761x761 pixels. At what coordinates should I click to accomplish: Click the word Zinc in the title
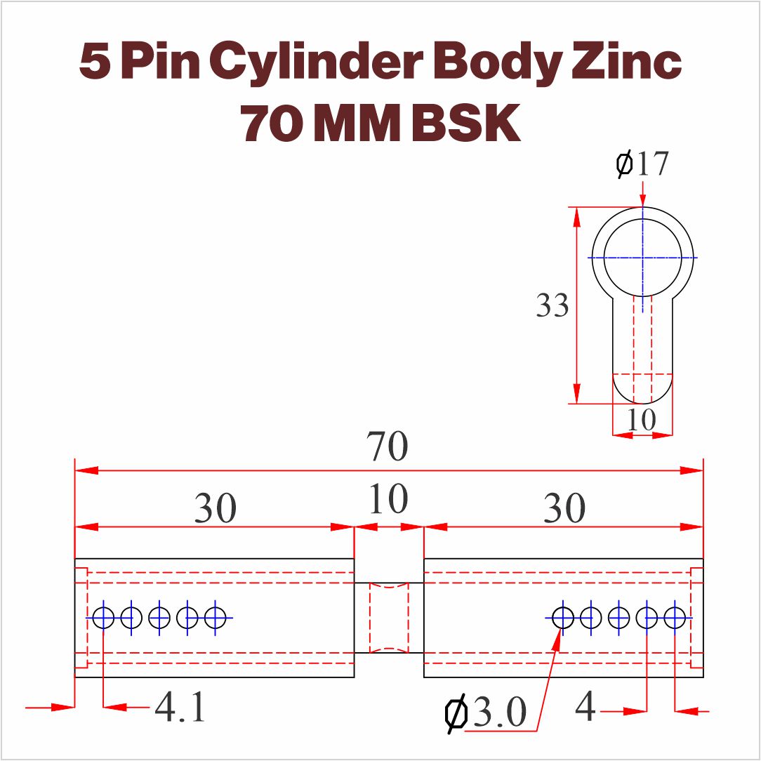tap(627, 62)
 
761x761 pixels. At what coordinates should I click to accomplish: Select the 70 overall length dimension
tap(387, 446)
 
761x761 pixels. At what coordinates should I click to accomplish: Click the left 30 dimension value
tap(215, 508)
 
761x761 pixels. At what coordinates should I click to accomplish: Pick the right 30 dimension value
tap(564, 508)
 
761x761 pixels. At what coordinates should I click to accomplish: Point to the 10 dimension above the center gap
tap(388, 498)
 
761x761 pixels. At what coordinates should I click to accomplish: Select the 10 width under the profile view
tap(642, 419)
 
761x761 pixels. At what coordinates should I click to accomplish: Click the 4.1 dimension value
tap(180, 707)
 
